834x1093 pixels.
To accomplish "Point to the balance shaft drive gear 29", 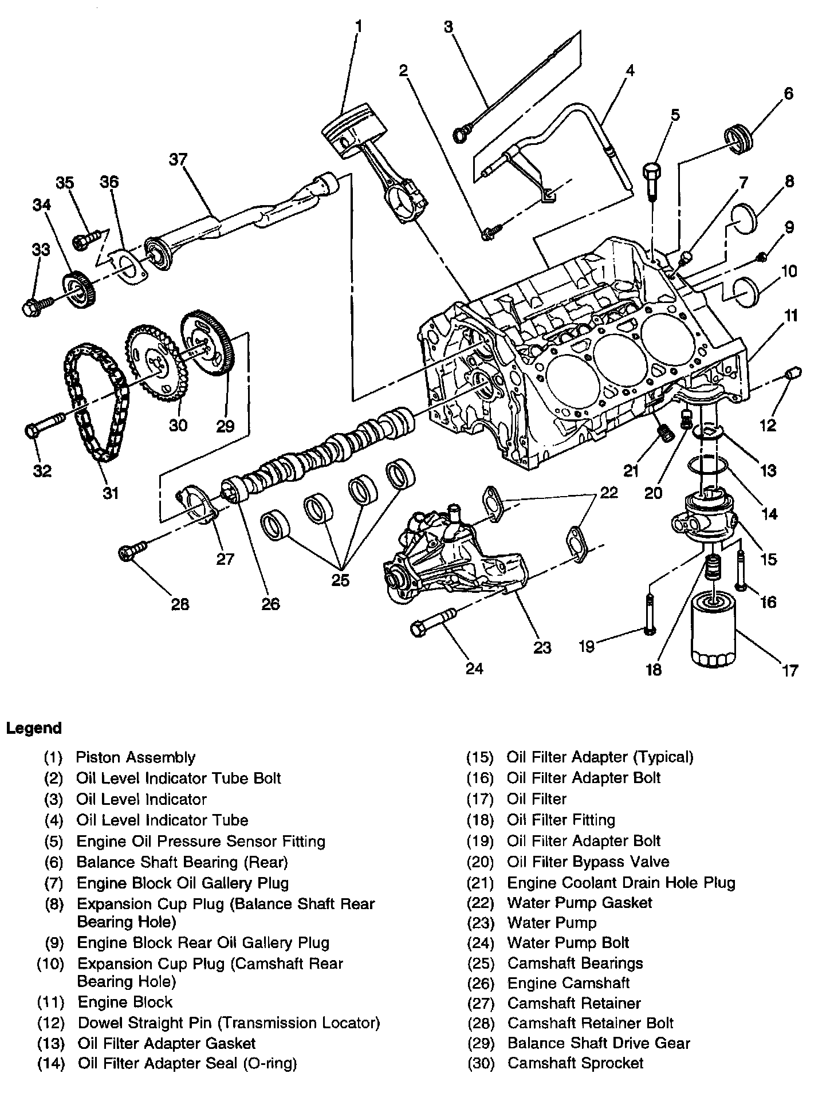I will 206,344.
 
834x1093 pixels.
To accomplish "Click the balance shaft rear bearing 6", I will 738,137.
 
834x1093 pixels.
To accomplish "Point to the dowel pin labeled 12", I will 790,374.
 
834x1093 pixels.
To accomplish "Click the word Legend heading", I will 33,729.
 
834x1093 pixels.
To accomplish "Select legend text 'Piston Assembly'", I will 136,757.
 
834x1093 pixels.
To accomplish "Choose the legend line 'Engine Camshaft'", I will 568,984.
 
